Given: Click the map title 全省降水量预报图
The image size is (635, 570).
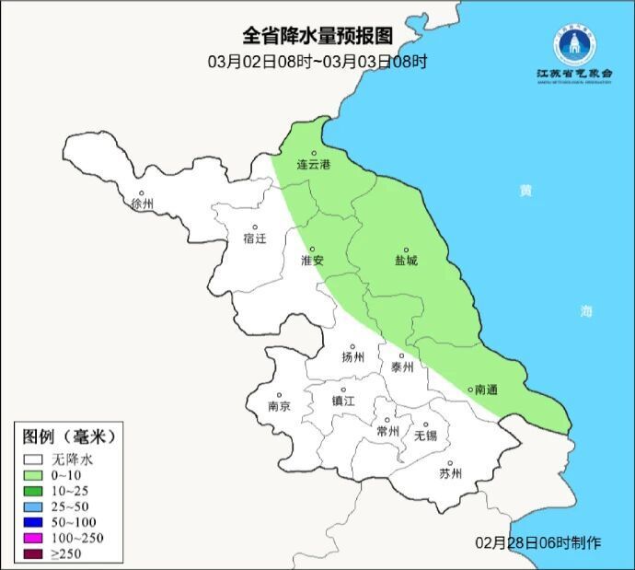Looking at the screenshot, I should click(317, 36).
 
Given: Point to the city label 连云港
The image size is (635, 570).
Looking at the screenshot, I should click(313, 165).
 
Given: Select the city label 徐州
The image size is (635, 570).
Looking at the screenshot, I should click(143, 204).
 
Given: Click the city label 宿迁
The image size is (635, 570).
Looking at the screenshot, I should click(254, 238).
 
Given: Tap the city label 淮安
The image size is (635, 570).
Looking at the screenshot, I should click(312, 261).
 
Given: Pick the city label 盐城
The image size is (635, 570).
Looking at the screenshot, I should click(406, 261).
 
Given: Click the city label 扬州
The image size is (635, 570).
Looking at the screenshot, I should click(352, 357).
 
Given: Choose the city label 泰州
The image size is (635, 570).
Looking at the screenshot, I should click(402, 366).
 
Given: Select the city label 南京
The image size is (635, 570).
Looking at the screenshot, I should click(279, 406).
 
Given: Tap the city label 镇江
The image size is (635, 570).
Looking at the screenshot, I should click(343, 401).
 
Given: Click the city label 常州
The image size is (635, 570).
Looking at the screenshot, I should click(388, 431).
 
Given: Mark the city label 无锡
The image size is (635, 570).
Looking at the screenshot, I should click(425, 435).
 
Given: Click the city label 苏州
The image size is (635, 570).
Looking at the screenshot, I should click(450, 474).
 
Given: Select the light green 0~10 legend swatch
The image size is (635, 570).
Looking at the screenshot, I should click(35, 474).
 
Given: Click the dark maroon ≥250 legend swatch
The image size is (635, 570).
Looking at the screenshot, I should click(35, 553).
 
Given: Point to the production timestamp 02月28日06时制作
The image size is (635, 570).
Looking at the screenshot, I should click(539, 542).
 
